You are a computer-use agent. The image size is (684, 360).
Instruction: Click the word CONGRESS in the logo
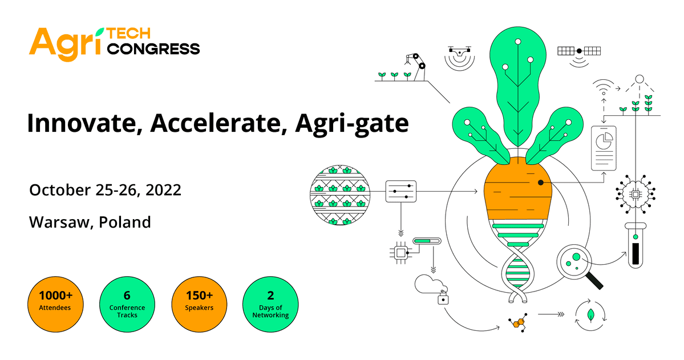pos(153,49)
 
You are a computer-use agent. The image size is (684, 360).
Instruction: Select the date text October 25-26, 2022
pos(106,189)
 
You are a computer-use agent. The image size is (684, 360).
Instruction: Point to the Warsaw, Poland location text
pos(90,222)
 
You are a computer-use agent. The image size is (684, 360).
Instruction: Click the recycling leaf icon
pos(589,314)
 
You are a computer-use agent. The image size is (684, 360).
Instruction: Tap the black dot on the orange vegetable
pos(540,183)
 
